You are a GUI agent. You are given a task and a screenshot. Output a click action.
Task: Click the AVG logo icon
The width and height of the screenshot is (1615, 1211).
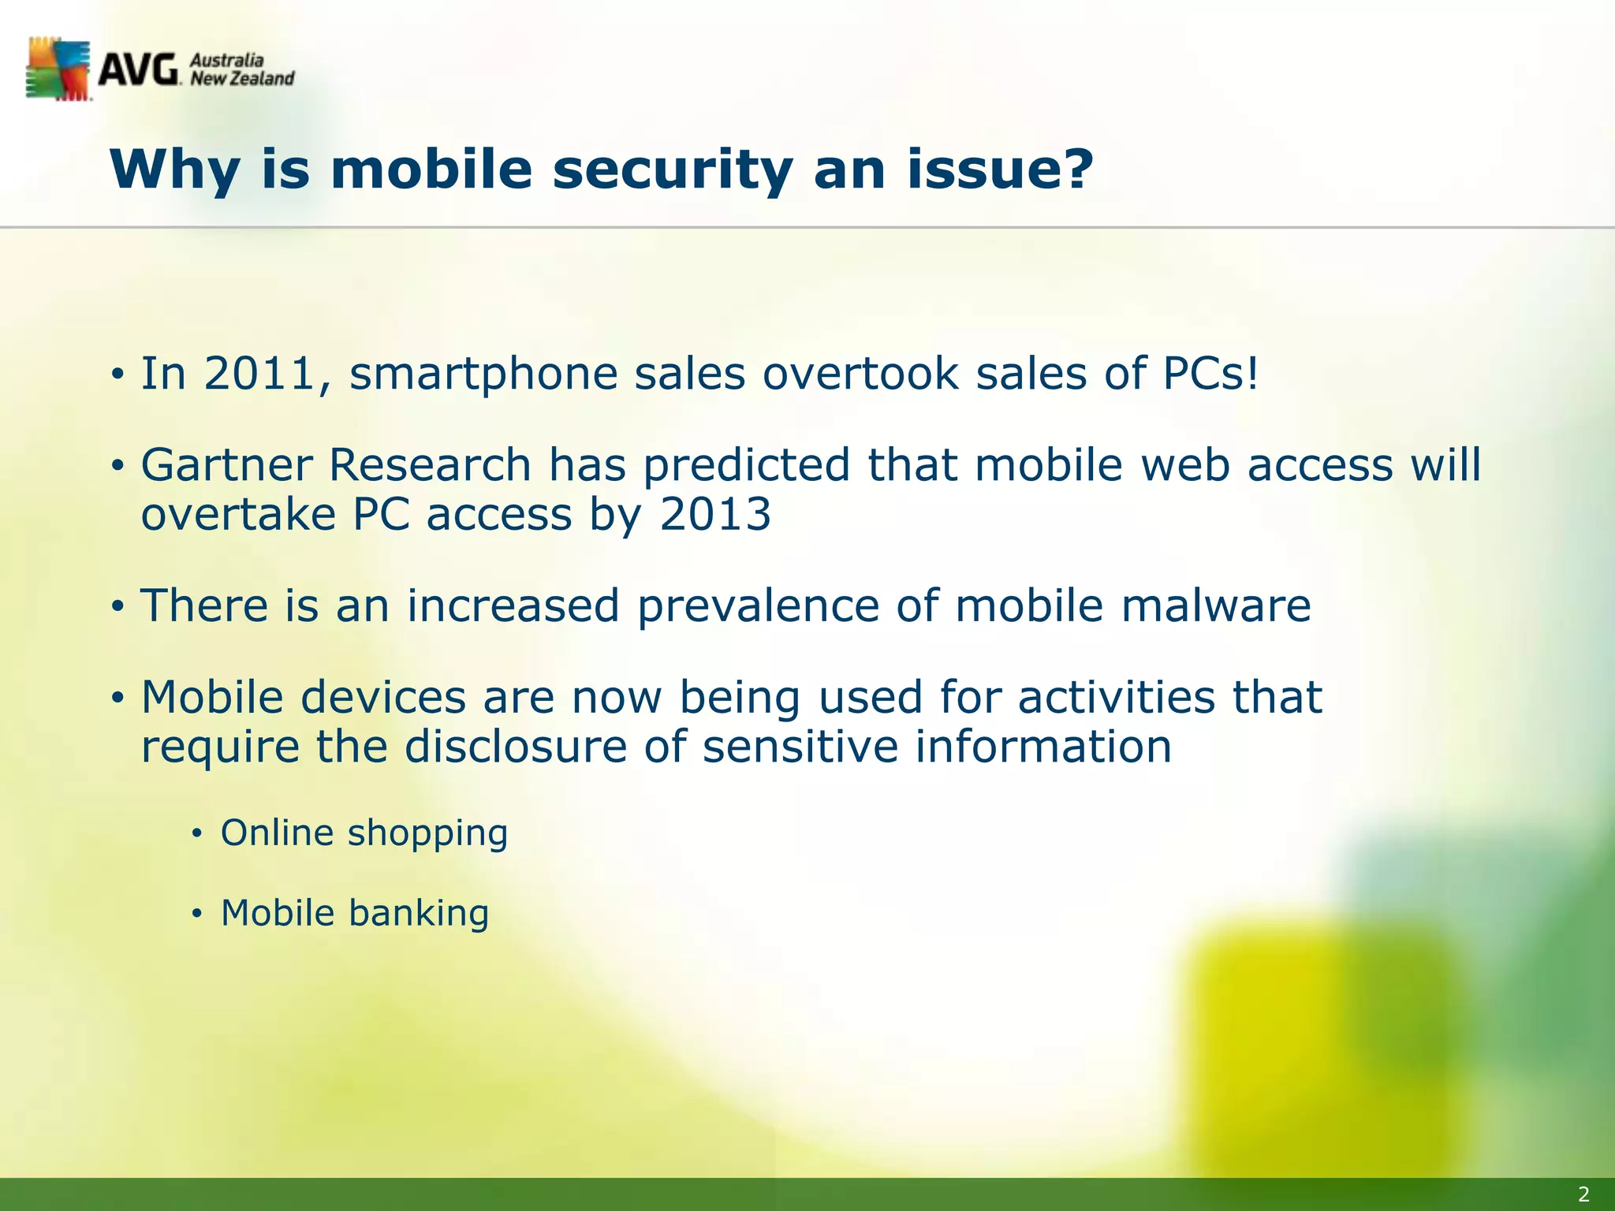58,69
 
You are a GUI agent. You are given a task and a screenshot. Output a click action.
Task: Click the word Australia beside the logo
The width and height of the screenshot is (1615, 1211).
226,61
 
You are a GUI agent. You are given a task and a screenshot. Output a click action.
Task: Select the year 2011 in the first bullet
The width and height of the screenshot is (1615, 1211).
261,374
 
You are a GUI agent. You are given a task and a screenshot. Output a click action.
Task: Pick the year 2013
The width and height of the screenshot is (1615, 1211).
715,516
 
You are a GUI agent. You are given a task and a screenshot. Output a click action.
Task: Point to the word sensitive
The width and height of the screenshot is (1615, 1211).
800,747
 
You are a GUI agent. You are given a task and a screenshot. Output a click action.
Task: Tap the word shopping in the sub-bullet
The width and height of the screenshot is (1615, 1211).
428,834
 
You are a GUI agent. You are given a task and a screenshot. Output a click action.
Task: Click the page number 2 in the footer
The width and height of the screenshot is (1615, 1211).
1583,1194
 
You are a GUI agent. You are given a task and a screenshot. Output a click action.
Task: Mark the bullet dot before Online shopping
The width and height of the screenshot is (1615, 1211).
197,834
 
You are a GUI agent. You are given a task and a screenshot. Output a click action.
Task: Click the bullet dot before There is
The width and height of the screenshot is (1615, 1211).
117,607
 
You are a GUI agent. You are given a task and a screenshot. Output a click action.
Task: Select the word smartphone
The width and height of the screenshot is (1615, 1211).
483,374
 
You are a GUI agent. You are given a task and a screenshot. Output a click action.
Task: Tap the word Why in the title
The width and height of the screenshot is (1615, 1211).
174,170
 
